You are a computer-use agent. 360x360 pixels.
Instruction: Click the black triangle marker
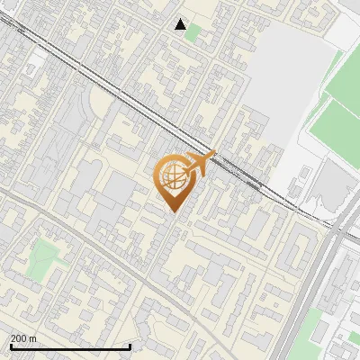click(x=181, y=24)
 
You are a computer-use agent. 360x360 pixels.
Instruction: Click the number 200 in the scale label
click(x=19, y=338)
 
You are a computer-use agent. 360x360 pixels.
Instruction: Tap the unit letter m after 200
click(x=33, y=338)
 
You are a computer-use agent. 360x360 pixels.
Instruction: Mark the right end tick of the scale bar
click(x=130, y=346)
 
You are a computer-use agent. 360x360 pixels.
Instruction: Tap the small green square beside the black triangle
click(x=193, y=33)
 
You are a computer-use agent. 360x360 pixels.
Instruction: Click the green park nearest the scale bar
click(x=41, y=258)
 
